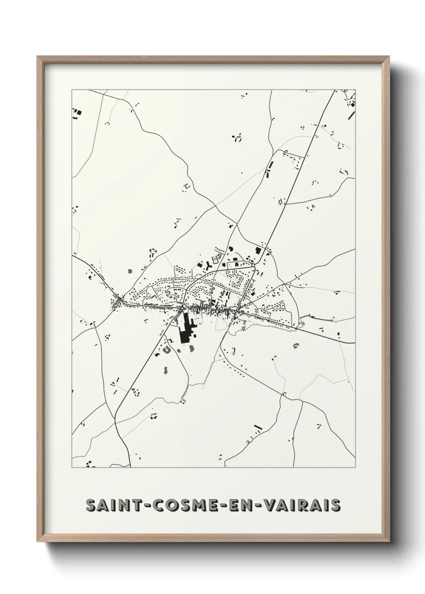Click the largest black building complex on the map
[186, 327]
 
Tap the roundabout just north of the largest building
[182, 308]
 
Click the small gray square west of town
[130, 271]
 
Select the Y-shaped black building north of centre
[208, 264]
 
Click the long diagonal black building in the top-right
[352, 115]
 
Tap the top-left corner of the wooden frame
[38, 57]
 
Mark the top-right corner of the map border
[356, 90]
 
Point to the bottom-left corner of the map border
[72, 468]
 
